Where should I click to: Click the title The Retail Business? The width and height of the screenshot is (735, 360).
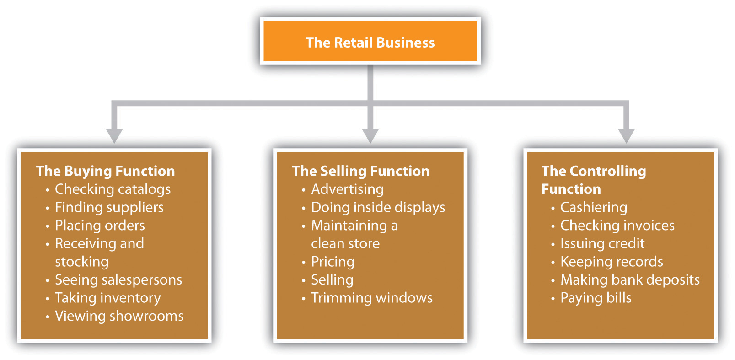click(x=370, y=43)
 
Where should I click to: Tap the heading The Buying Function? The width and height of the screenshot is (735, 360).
click(x=105, y=171)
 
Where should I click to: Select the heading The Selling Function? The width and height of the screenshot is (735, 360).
click(x=360, y=171)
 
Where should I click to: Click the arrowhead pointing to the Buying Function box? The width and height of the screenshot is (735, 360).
click(x=114, y=135)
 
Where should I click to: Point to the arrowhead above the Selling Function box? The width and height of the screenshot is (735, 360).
click(x=370, y=135)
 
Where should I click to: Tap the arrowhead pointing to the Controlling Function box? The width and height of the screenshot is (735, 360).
click(x=626, y=135)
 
